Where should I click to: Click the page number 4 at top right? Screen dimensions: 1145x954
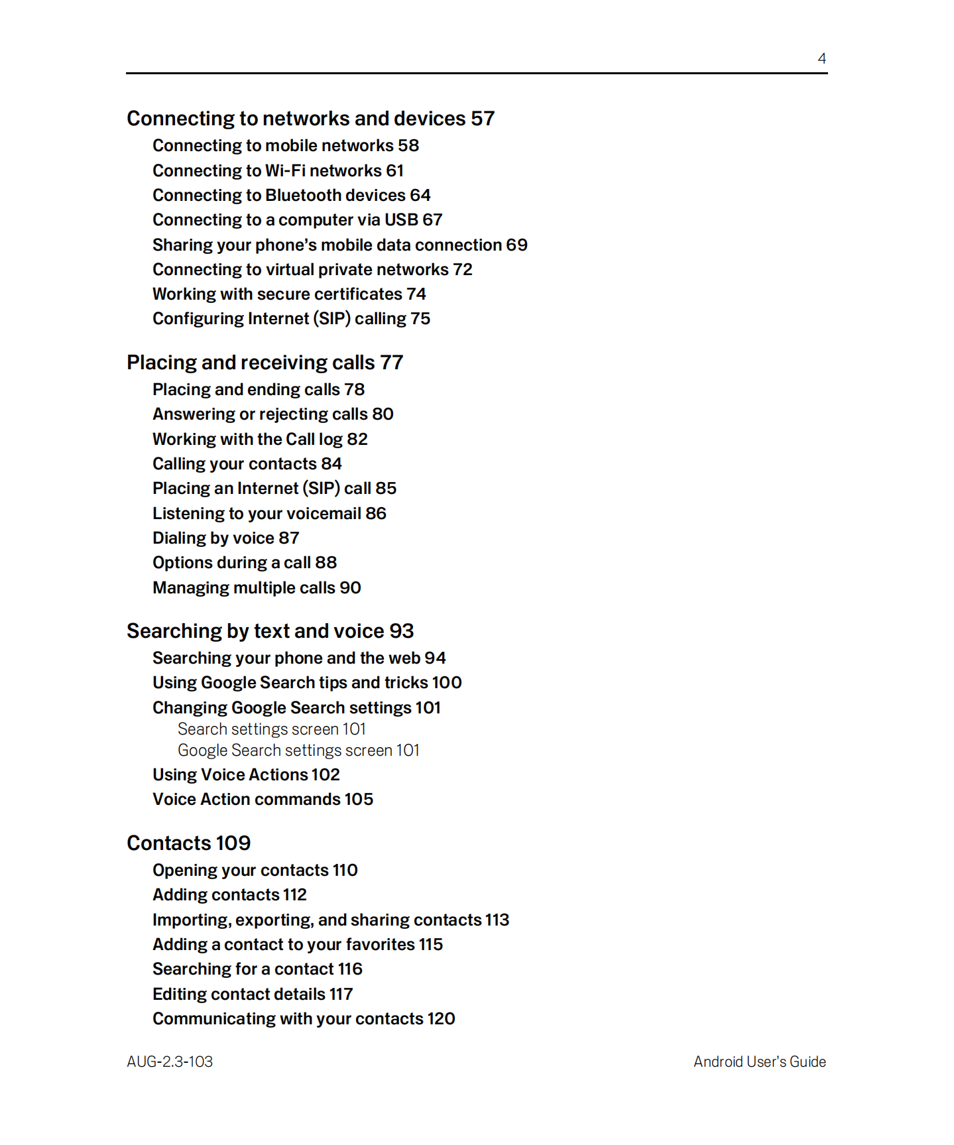821,58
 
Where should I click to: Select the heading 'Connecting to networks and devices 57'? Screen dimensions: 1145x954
310,118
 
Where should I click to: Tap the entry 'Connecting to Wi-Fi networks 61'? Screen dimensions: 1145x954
278,170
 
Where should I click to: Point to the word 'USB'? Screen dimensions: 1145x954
401,219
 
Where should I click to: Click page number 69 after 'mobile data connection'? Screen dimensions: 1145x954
516,245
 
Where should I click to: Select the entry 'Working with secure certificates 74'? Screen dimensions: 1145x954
289,294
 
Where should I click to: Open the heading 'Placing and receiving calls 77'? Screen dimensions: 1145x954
265,362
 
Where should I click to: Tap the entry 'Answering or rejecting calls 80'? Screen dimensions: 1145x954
272,414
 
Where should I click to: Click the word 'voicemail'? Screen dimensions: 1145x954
321,513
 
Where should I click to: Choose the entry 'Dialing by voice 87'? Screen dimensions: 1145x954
225,538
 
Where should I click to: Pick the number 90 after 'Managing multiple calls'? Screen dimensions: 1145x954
350,587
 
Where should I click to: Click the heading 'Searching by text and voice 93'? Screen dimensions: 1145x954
270,631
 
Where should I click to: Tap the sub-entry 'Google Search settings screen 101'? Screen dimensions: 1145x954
298,750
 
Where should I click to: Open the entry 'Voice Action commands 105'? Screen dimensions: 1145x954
263,799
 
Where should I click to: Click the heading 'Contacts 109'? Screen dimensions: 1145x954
188,843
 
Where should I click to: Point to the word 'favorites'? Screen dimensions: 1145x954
380,944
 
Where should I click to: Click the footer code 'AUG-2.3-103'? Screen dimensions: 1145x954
170,1061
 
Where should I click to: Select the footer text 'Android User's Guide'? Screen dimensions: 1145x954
759,1061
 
